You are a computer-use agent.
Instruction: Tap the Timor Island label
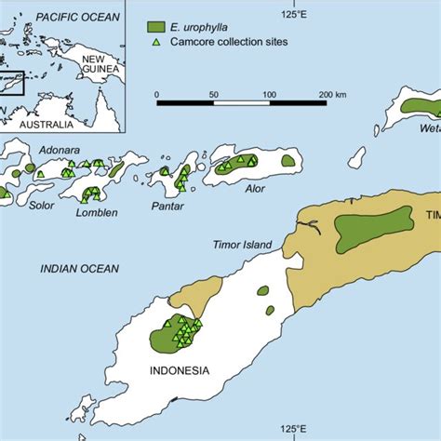(242, 245)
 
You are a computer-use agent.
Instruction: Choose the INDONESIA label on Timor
(179, 370)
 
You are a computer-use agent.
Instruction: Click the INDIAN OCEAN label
(79, 269)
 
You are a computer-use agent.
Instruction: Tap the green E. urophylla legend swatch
(156, 27)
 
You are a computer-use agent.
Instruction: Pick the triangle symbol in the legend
(156, 43)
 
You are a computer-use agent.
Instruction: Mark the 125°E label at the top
(296, 14)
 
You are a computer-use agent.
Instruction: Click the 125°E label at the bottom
(296, 429)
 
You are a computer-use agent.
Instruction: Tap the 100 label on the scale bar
(269, 94)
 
